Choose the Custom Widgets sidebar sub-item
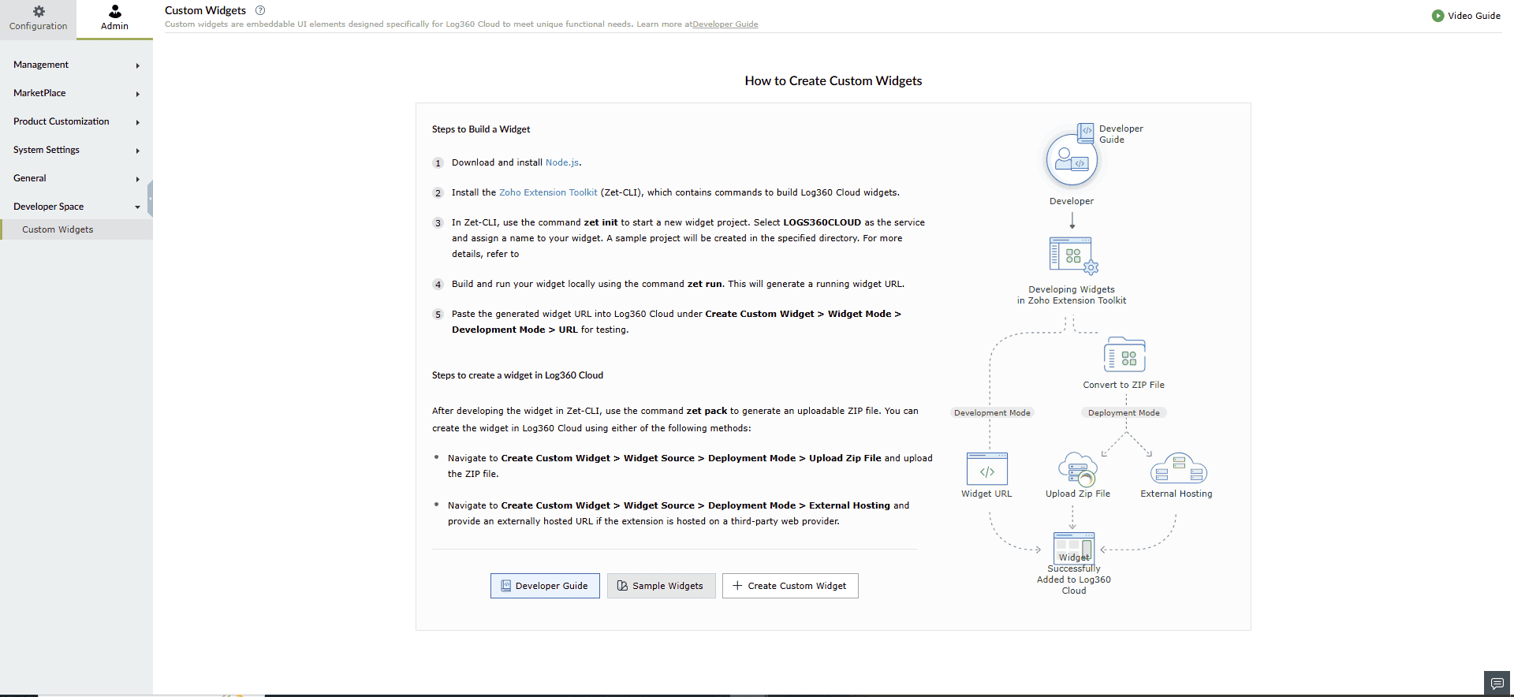tap(58, 229)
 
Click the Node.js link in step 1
tap(562, 162)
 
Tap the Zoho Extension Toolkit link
tap(548, 192)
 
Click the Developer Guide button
tap(545, 586)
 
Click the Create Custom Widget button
tap(790, 586)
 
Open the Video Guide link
tap(1466, 16)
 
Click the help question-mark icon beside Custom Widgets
tap(260, 10)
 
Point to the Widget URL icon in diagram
tap(986, 469)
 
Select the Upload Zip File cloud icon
tap(1077, 469)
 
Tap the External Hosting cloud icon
tap(1178, 468)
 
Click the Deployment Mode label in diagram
tap(1124, 413)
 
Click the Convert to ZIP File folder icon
tap(1124, 356)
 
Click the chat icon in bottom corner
tap(1497, 683)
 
